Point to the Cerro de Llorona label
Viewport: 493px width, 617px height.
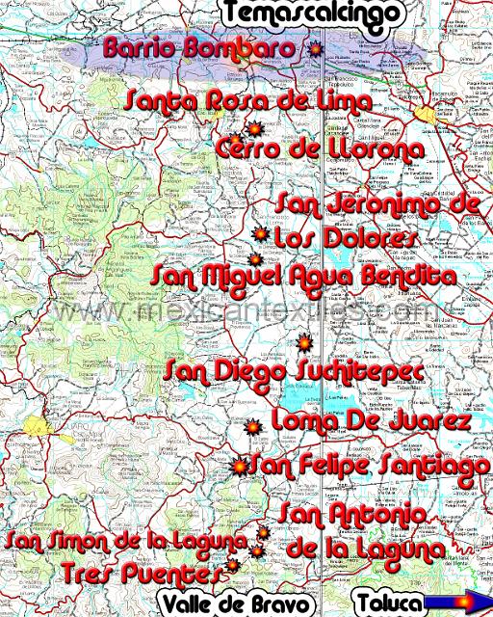tap(320, 150)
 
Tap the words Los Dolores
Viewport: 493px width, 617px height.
tap(344, 236)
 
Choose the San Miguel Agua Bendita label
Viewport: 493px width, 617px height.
tap(303, 277)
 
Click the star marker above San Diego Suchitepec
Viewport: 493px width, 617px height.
tap(303, 342)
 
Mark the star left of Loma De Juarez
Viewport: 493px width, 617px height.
tap(253, 426)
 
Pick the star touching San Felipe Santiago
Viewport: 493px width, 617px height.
tap(239, 467)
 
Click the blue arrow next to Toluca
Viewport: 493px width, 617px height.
tap(458, 604)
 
